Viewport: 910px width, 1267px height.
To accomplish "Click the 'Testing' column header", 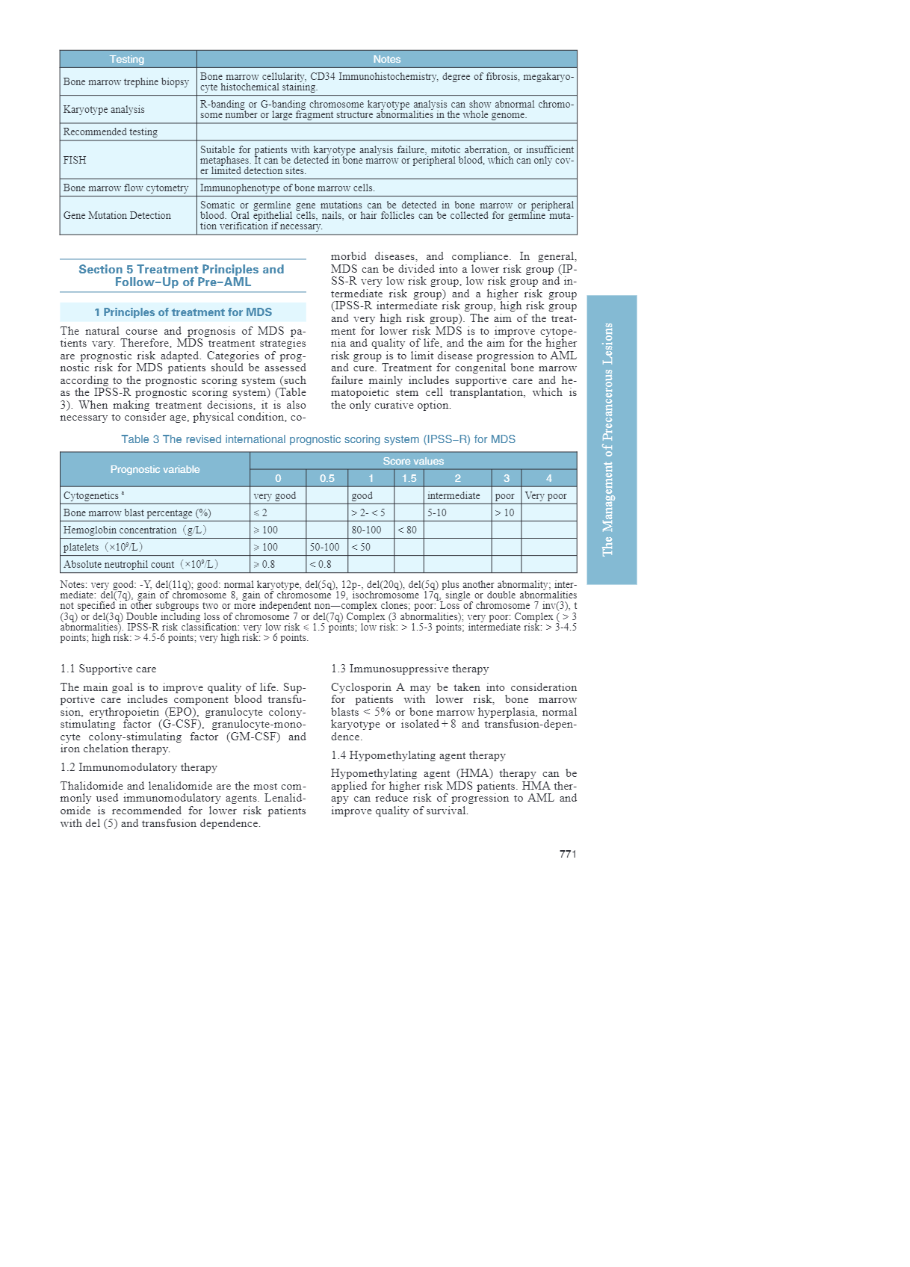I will (x=127, y=59).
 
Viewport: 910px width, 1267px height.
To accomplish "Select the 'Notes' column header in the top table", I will (x=386, y=59).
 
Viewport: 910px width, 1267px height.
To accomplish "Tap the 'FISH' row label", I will (x=75, y=160).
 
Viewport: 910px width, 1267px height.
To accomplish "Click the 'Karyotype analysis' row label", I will (x=104, y=109).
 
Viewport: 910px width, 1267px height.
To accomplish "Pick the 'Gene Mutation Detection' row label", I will (x=117, y=215).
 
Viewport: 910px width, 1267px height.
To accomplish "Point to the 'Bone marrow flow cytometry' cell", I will (x=126, y=188).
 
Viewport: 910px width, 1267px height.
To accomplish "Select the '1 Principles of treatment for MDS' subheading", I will (x=183, y=312).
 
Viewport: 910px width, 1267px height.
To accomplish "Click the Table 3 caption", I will (x=318, y=439).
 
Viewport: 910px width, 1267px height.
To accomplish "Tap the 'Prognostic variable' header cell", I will (x=155, y=469).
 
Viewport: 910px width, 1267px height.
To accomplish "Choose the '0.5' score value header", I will (x=326, y=478).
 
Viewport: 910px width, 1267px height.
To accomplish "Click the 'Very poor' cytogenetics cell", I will (x=545, y=495).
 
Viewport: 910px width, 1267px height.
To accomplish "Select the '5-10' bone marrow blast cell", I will (x=437, y=512).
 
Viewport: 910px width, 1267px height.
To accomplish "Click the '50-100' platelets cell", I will (x=324, y=547).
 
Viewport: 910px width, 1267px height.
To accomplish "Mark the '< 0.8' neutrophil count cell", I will (x=321, y=564).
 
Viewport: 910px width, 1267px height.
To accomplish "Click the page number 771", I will (x=568, y=854).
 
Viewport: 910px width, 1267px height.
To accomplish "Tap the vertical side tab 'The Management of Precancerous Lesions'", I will (x=611, y=439).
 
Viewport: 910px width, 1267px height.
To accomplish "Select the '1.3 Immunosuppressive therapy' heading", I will (x=409, y=669).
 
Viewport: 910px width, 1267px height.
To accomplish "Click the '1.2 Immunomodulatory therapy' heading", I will (x=138, y=767).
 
